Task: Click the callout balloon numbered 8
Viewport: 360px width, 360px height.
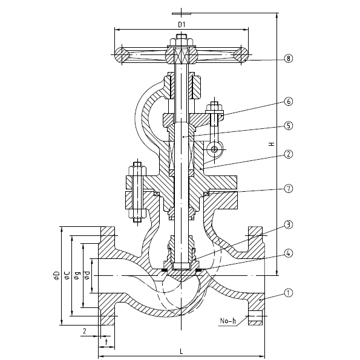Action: tap(289, 58)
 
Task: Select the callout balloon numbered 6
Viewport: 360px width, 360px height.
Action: tap(289, 102)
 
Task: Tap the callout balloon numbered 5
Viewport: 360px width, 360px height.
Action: tap(289, 126)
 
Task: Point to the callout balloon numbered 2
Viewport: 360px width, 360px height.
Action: tap(289, 154)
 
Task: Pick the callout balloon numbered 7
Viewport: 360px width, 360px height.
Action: tap(289, 189)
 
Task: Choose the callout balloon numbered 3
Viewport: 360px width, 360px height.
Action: tap(289, 224)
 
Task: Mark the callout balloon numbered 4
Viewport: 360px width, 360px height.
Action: tap(289, 254)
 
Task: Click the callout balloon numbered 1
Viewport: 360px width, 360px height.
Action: tap(289, 293)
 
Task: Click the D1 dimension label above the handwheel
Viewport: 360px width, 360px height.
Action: tap(182, 25)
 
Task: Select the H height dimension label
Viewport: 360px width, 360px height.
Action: tap(272, 144)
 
